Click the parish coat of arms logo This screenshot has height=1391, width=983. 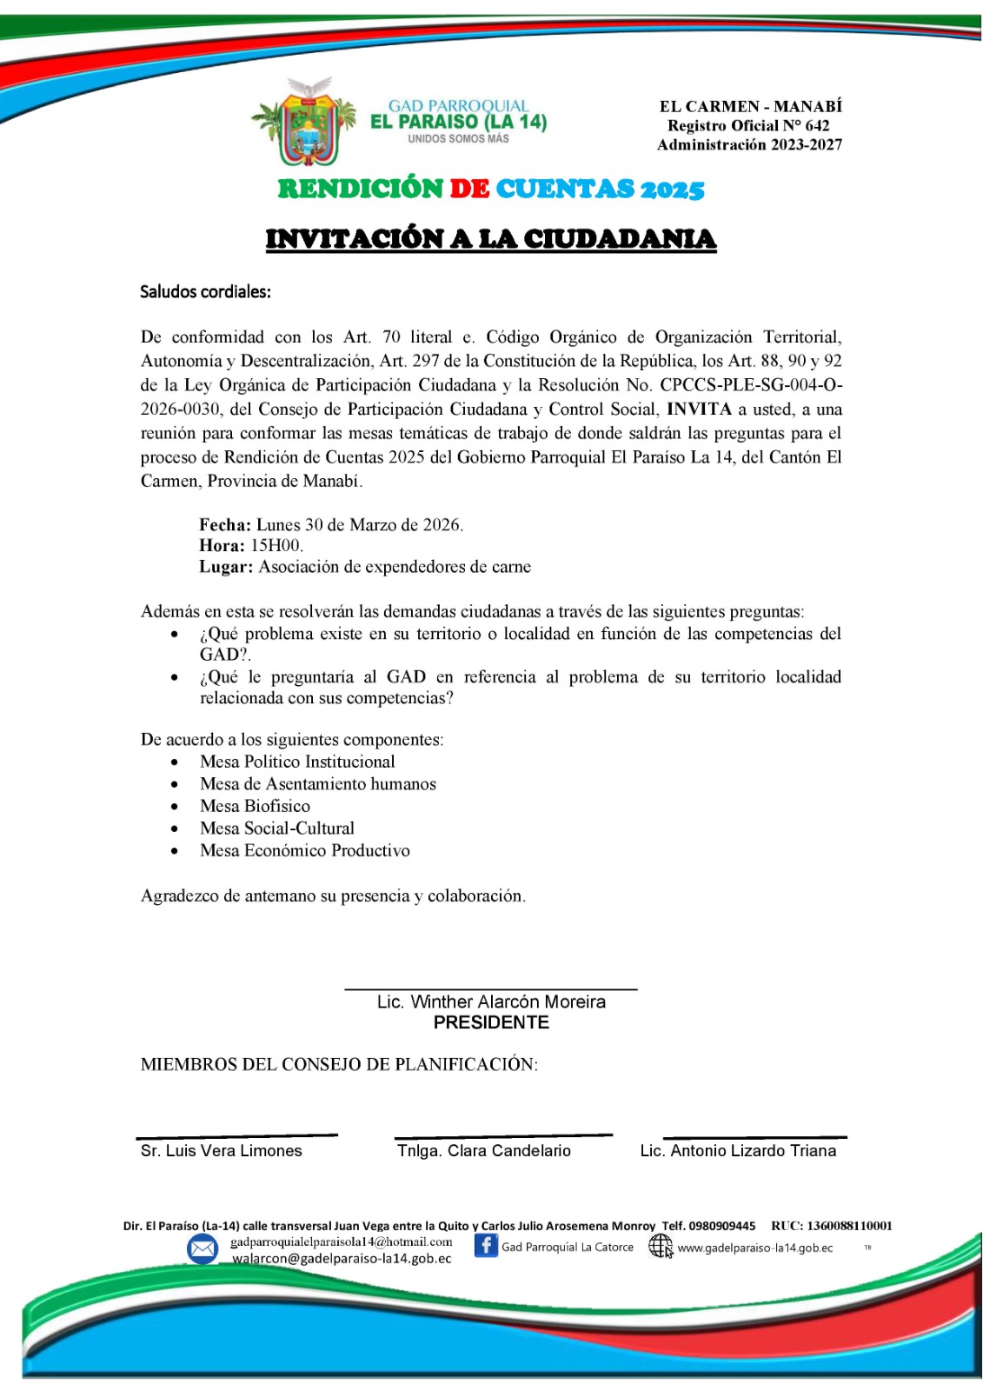[304, 122]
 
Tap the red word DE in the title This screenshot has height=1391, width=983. [469, 189]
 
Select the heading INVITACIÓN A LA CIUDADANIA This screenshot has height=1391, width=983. [491, 239]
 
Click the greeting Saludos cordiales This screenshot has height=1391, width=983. [205, 292]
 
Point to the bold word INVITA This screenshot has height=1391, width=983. [699, 409]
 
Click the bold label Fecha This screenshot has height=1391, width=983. [225, 525]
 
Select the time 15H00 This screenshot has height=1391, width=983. [276, 546]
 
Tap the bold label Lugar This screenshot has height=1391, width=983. [226, 567]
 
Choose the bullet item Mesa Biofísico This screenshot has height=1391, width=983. [255, 806]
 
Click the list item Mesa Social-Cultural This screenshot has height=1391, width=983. [277, 829]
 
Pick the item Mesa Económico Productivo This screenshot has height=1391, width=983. [305, 850]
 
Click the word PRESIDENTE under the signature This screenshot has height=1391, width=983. [491, 1022]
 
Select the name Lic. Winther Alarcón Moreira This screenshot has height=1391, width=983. [491, 1002]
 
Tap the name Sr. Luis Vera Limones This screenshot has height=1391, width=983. [222, 1150]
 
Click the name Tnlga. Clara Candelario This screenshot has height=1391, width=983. [484, 1150]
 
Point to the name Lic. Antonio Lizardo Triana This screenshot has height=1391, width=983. [738, 1150]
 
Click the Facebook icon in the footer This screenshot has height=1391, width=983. [486, 1246]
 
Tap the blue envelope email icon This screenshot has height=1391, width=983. [203, 1249]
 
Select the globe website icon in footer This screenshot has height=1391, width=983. [661, 1247]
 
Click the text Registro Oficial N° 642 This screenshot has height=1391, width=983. [748, 126]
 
